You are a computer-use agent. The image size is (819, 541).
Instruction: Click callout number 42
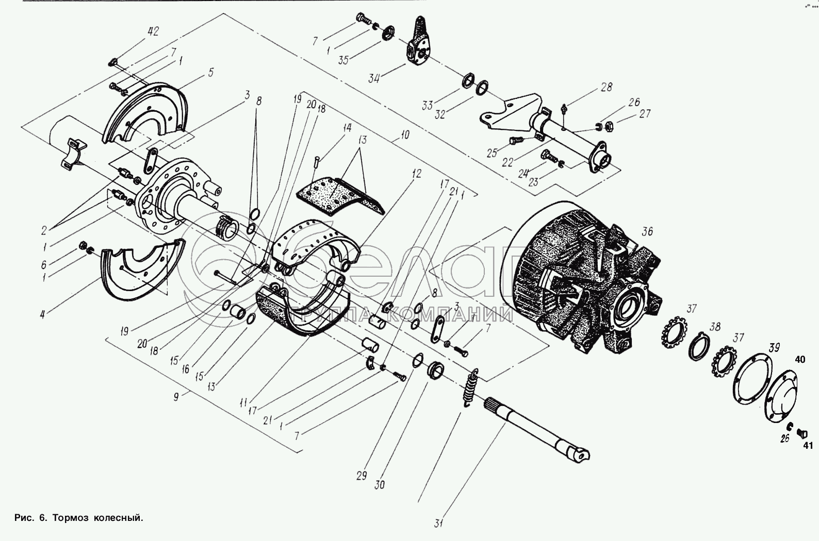point(154,32)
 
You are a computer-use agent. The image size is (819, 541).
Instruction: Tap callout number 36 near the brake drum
point(647,231)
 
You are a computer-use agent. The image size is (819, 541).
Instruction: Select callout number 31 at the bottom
point(439,523)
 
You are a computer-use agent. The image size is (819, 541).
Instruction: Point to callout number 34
point(374,78)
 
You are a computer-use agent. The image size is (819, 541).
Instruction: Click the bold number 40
point(800,360)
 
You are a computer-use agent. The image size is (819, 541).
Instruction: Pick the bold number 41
point(808,446)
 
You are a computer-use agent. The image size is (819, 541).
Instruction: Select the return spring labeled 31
point(469,388)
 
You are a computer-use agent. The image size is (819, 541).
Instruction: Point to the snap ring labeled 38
point(699,346)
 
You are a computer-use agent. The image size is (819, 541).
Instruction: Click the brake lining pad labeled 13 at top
point(340,197)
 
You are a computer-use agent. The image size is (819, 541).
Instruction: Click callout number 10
point(405,135)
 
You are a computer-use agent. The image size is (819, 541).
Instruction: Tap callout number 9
point(176,397)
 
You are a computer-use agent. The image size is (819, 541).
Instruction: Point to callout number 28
point(606,87)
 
